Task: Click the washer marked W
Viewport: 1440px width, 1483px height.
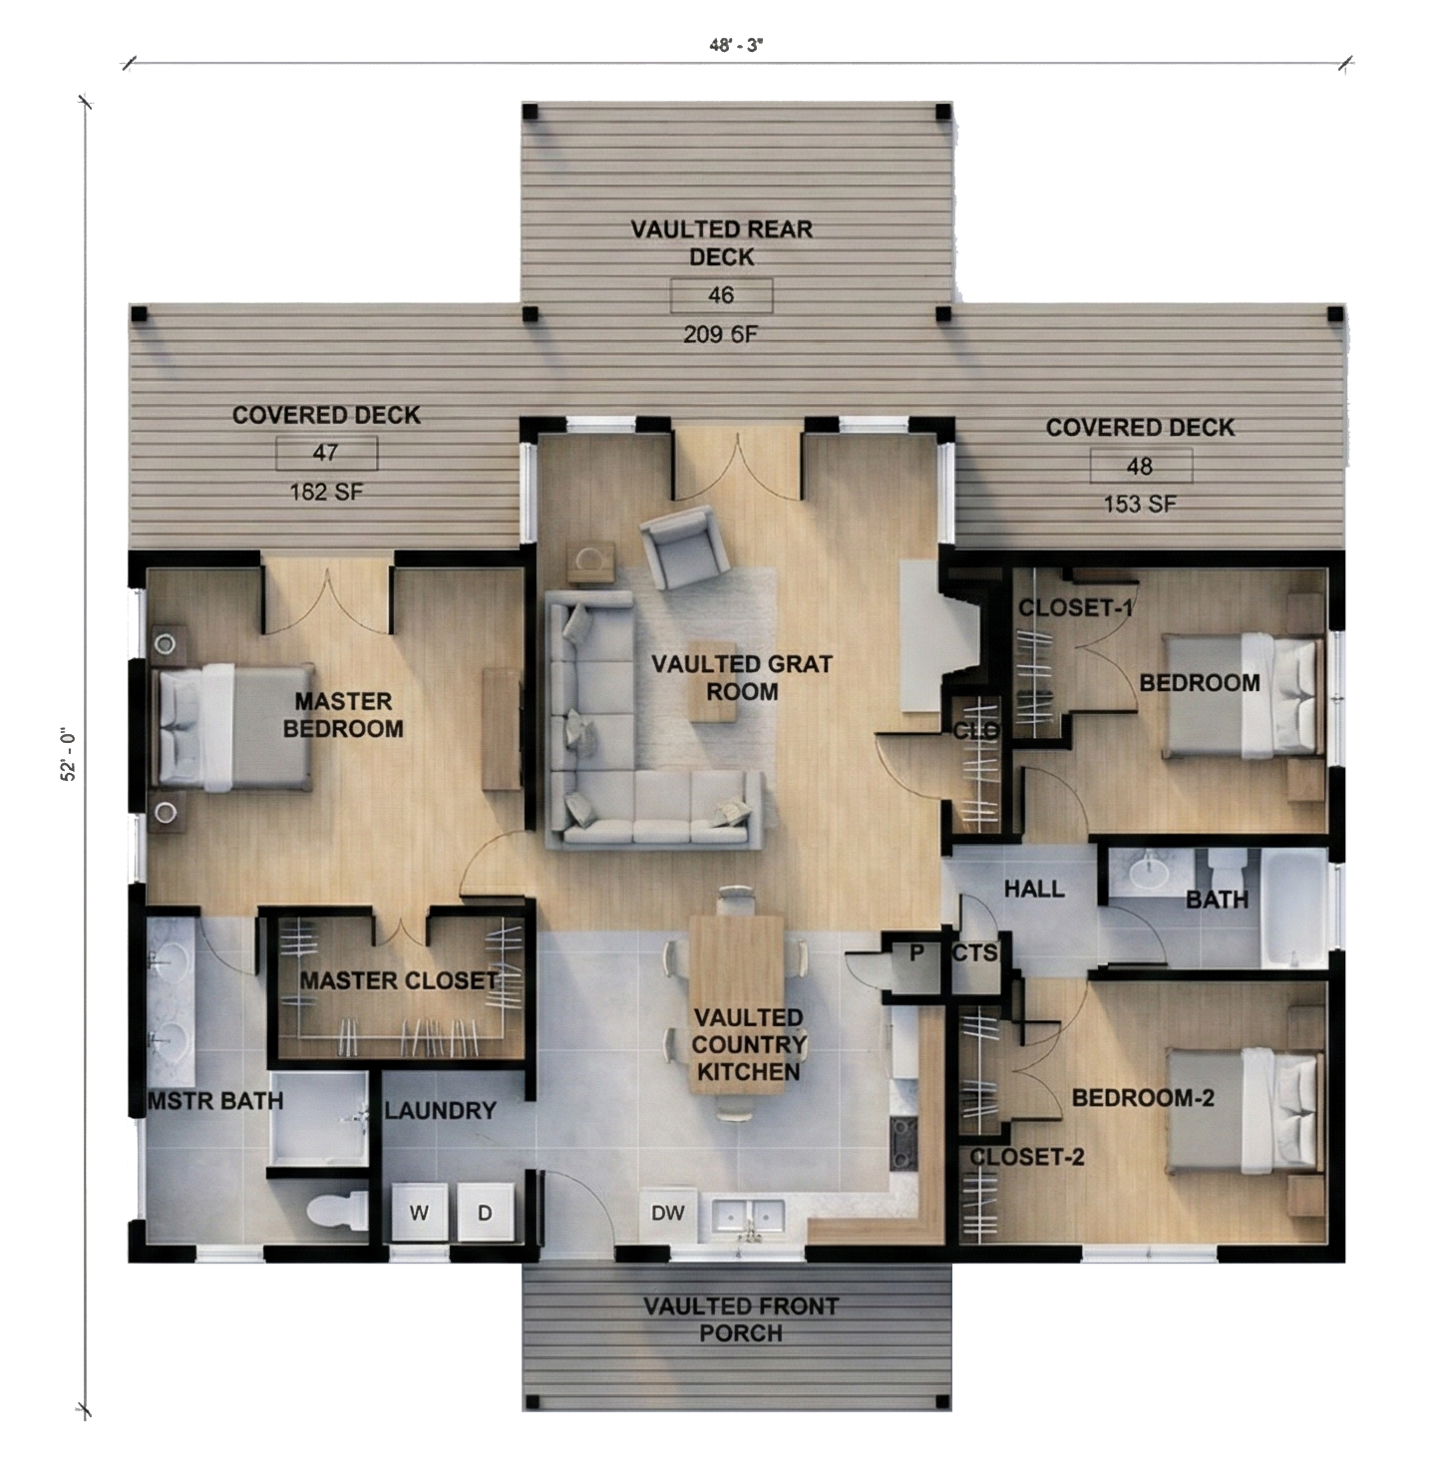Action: tap(418, 1213)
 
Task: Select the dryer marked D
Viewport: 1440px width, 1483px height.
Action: tap(485, 1213)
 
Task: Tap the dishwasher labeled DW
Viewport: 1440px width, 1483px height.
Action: tap(667, 1213)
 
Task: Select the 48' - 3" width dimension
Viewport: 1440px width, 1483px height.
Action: tap(736, 46)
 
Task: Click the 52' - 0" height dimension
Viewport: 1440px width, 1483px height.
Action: tap(69, 755)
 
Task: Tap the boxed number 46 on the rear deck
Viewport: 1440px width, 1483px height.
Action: tap(721, 295)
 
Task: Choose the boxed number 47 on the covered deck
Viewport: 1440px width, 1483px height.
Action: tap(325, 453)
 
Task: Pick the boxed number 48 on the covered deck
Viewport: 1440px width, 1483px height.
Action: tap(1140, 466)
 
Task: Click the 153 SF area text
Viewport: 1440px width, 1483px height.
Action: tap(1140, 504)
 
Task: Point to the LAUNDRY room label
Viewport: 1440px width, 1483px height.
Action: tap(441, 1111)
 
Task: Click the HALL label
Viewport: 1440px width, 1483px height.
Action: tap(1034, 889)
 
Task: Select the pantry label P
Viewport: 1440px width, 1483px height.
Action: tap(916, 952)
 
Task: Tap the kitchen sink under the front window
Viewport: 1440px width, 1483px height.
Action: tap(748, 1216)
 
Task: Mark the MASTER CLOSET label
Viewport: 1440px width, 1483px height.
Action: tap(399, 980)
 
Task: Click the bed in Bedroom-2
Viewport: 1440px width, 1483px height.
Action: tap(1245, 1111)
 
